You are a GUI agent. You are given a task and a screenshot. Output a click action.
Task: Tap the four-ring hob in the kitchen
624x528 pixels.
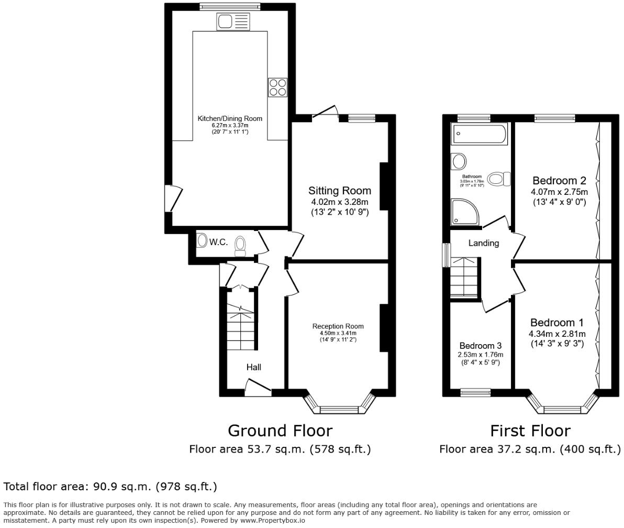click(x=277, y=87)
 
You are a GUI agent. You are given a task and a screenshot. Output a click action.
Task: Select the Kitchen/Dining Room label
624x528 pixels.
click(x=230, y=118)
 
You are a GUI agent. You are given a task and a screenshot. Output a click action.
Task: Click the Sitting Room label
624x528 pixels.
click(x=339, y=191)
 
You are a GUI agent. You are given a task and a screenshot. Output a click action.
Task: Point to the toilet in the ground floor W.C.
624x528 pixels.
click(x=240, y=246)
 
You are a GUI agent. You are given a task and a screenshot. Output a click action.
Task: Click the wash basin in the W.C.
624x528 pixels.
click(x=202, y=241)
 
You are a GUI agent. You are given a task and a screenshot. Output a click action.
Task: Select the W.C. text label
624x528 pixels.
click(x=218, y=242)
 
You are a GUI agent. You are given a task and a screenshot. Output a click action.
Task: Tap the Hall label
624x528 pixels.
click(x=253, y=367)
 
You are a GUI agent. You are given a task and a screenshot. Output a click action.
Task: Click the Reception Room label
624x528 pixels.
click(x=338, y=326)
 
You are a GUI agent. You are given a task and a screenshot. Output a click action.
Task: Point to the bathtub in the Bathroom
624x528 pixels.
click(x=480, y=134)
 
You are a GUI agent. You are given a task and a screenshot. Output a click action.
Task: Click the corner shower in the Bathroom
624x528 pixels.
click(x=463, y=212)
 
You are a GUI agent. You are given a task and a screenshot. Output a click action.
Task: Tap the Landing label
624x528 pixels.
click(x=483, y=243)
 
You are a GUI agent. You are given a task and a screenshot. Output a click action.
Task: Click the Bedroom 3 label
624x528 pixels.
click(x=480, y=346)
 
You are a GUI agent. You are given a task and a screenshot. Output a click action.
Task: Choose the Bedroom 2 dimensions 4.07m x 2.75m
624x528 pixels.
click(x=559, y=192)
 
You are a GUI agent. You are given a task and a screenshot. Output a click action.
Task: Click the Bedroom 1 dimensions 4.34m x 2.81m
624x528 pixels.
click(x=556, y=334)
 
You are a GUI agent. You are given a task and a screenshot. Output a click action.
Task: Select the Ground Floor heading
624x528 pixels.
click(x=280, y=431)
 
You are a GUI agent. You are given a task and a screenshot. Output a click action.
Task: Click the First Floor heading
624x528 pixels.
click(x=530, y=431)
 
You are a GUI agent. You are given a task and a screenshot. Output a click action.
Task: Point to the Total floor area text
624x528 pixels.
click(x=110, y=487)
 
